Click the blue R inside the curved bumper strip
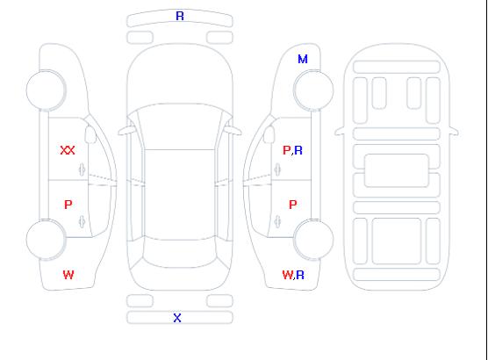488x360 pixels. click(x=180, y=16)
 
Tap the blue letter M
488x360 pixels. click(x=303, y=59)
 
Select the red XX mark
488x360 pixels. click(x=68, y=150)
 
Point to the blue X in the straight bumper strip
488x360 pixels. click(x=177, y=318)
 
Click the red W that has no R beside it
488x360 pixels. click(x=68, y=275)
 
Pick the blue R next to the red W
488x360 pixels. click(x=300, y=275)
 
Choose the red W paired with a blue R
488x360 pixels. click(x=288, y=275)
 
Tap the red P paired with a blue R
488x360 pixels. click(x=286, y=150)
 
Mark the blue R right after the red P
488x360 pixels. click(x=298, y=150)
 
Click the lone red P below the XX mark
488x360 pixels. click(x=68, y=205)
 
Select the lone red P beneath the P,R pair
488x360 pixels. click(x=293, y=205)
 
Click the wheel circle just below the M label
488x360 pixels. click(x=313, y=90)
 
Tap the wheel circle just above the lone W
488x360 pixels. click(x=46, y=240)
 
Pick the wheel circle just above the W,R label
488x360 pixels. click(x=313, y=239)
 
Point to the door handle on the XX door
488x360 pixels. click(x=82, y=169)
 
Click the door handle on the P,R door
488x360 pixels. click(x=277, y=169)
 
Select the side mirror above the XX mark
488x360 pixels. click(x=90, y=134)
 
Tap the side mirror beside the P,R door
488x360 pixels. click(x=269, y=134)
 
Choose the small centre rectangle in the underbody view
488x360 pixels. click(x=396, y=170)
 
